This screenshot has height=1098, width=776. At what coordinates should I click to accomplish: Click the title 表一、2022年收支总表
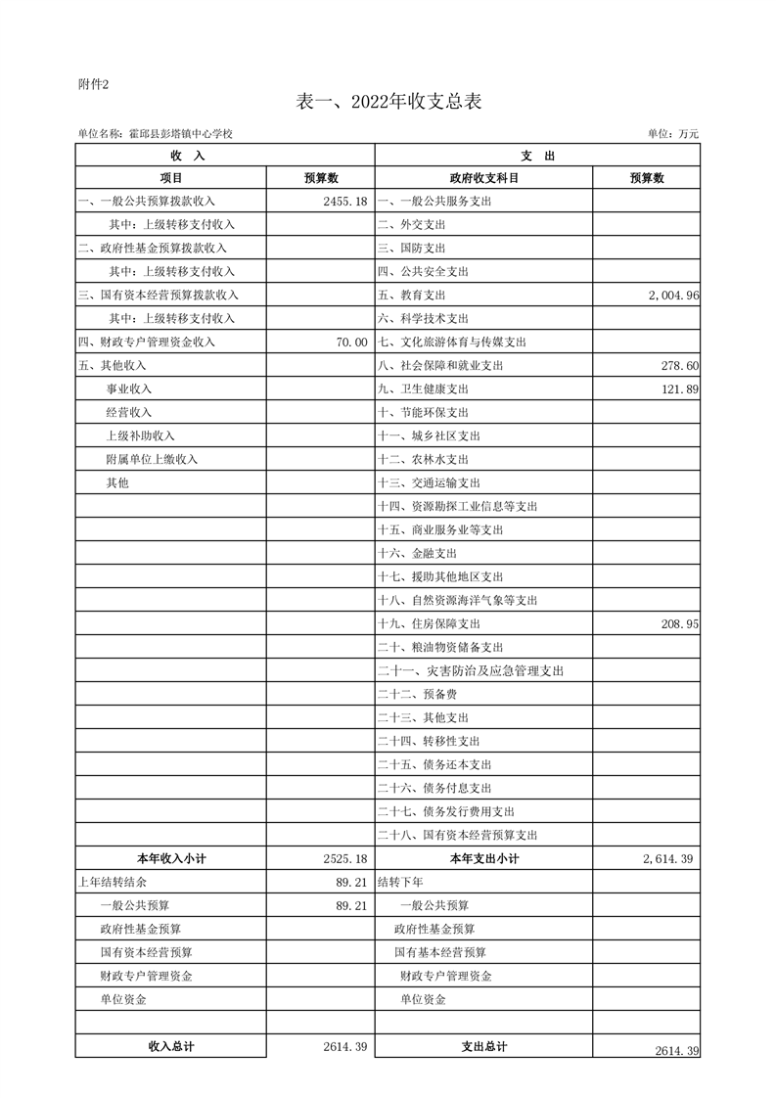tap(388, 102)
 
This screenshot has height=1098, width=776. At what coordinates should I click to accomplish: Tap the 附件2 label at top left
tap(93, 83)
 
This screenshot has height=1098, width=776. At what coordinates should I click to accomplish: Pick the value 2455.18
tap(344, 202)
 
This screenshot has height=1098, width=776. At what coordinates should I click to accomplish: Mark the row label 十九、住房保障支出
tap(430, 624)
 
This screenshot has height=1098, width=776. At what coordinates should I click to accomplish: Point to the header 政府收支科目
tap(483, 178)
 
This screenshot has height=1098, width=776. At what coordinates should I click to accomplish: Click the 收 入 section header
tap(187, 156)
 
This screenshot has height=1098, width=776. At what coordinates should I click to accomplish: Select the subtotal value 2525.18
tap(344, 859)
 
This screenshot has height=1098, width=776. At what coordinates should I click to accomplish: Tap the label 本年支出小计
tap(483, 859)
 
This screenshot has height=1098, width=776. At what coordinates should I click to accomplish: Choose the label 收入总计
tap(171, 1047)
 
